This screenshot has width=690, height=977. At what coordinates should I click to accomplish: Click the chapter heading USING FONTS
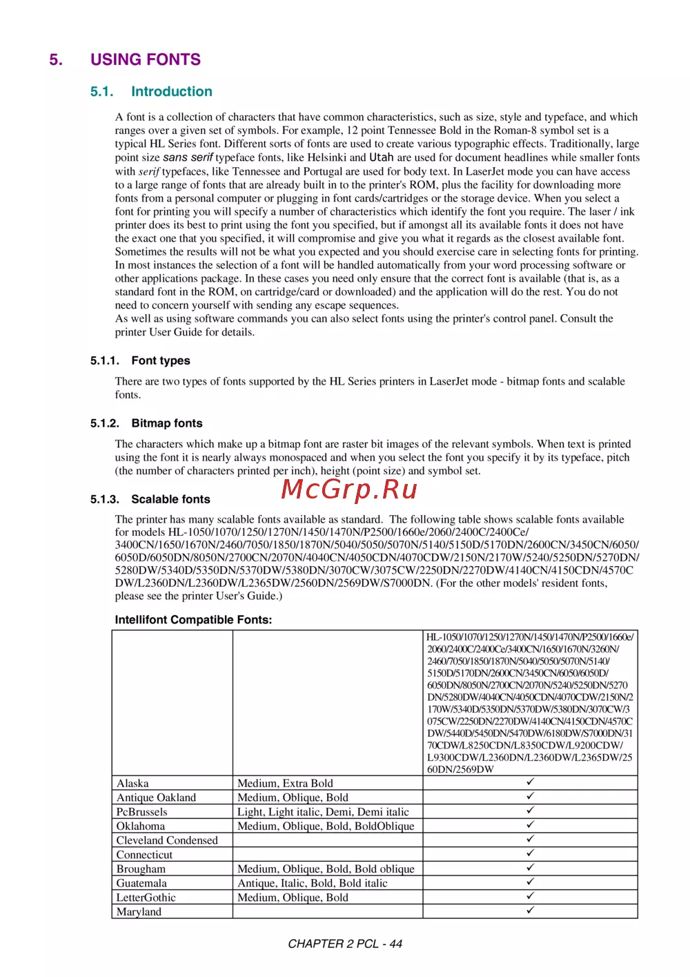point(146,59)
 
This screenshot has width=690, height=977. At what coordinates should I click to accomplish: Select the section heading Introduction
point(172,92)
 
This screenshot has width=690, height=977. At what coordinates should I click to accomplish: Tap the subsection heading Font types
point(161,360)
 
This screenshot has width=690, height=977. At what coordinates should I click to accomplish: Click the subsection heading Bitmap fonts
point(167,423)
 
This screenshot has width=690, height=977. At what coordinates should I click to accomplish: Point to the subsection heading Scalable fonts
point(170,499)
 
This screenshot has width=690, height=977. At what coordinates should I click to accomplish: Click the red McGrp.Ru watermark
point(349,489)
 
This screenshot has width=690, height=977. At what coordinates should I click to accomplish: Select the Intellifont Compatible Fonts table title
point(193,619)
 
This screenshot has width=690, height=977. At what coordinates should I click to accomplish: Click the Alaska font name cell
point(132,783)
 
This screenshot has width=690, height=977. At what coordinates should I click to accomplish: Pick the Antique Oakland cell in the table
point(156,797)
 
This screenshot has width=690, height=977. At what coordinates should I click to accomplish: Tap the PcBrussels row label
point(141,812)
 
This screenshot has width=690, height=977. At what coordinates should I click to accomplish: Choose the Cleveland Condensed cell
point(167,840)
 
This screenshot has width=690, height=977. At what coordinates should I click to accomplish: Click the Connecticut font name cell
point(144,855)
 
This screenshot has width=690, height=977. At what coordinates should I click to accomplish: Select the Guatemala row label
point(141,883)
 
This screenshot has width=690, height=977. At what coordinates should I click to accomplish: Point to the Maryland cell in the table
point(139,911)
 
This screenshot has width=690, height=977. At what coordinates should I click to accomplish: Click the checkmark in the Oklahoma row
point(530,825)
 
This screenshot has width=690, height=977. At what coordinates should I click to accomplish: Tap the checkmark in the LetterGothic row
point(530,896)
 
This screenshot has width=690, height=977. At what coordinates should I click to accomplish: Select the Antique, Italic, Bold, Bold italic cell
point(313,883)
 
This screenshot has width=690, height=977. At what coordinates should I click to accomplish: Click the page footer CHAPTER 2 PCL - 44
point(345,944)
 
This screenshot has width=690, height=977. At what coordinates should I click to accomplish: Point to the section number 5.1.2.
point(105,423)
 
